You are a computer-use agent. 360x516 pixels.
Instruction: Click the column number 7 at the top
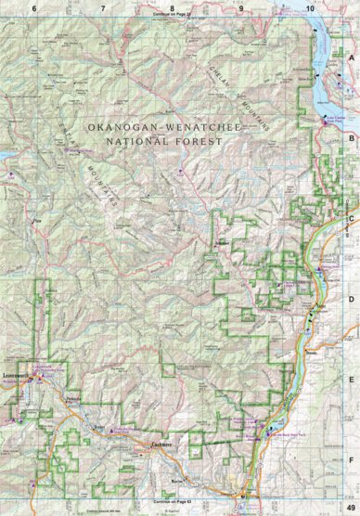point(102,7)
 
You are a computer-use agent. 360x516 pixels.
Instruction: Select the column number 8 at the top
point(172,7)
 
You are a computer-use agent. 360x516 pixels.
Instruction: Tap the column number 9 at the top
point(240,7)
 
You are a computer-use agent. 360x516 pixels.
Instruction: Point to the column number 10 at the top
point(308,7)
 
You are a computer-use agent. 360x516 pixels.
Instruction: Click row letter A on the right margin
point(352,57)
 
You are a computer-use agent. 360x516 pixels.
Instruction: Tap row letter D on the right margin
point(352,299)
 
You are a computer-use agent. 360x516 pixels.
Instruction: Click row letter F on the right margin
point(352,458)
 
